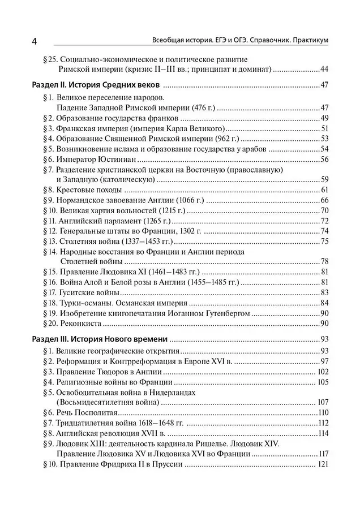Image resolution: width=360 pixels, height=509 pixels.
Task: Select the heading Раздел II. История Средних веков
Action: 94,85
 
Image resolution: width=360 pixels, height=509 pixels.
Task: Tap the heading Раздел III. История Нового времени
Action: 97,339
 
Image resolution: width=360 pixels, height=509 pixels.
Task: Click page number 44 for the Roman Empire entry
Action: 324,70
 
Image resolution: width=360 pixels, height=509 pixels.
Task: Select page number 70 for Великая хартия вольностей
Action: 324,210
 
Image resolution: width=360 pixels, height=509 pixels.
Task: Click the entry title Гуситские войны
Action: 88,292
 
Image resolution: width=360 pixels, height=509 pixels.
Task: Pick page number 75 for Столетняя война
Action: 324,241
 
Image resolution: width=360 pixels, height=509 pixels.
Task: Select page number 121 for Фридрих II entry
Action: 323,465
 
